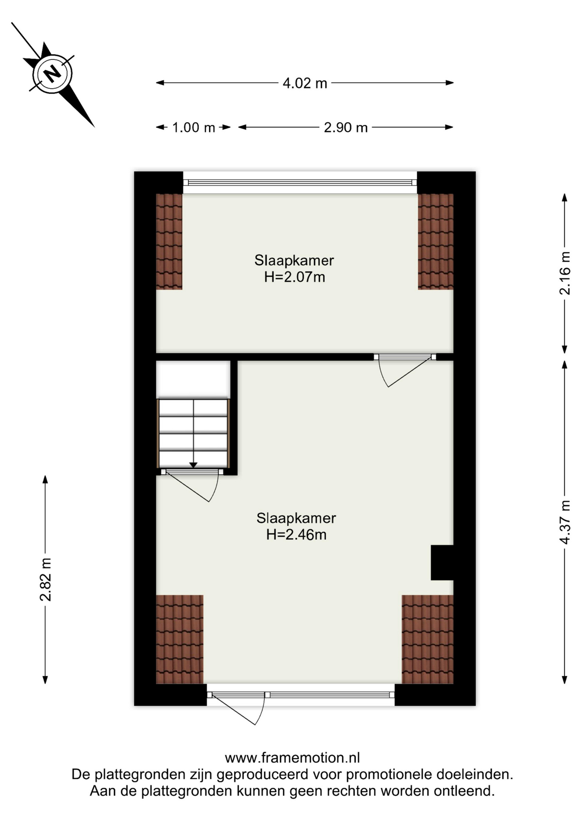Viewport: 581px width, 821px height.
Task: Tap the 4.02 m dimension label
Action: (x=305, y=83)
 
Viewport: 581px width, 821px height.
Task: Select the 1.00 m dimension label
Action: (x=193, y=127)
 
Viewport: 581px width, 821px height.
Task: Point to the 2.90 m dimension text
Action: (x=346, y=127)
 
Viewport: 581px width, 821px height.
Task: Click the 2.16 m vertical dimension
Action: (x=565, y=273)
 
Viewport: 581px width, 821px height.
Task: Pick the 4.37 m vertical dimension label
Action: (x=565, y=522)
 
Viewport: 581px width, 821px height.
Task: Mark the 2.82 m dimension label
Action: (x=45, y=579)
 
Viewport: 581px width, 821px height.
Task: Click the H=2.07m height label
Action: (x=294, y=277)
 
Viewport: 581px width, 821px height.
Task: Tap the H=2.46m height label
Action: (x=296, y=535)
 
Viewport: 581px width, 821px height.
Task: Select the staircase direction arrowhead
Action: (x=193, y=465)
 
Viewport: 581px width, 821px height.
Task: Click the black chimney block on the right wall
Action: (x=442, y=563)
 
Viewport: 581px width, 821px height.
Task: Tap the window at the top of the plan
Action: (x=300, y=183)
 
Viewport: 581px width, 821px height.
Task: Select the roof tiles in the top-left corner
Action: (x=169, y=242)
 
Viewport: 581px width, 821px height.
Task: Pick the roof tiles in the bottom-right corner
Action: (x=427, y=639)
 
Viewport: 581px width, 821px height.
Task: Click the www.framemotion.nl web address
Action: (x=292, y=758)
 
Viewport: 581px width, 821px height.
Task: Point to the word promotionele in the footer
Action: (x=388, y=774)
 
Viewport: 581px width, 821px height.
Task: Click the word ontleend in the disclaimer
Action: (x=464, y=791)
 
